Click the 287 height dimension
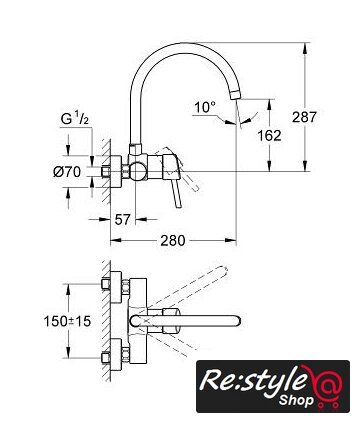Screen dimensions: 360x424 click(304, 117)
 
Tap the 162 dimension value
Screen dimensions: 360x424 click(269, 135)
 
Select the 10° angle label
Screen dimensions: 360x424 click(205, 107)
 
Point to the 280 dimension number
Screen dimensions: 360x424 click(173, 240)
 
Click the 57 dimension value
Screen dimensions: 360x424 click(122, 219)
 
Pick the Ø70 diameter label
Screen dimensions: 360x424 click(67, 172)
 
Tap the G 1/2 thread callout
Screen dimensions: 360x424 click(75, 118)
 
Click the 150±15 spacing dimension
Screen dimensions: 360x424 click(67, 321)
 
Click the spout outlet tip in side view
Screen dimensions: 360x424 click(235, 95)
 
